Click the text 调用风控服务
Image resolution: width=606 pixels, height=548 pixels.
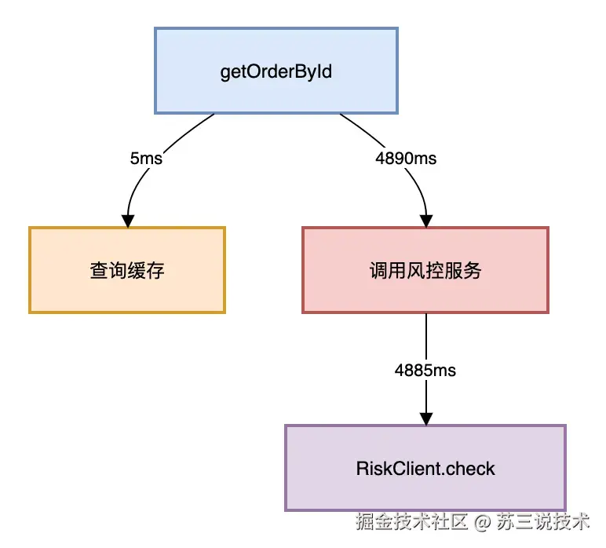tap(425, 271)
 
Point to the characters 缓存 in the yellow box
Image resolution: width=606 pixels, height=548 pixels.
tap(146, 270)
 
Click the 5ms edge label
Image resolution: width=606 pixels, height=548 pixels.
tap(146, 158)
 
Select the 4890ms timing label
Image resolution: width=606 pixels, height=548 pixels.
tap(406, 158)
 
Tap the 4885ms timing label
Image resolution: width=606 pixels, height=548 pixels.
tap(425, 369)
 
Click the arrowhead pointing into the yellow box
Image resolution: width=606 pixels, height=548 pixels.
tap(126, 221)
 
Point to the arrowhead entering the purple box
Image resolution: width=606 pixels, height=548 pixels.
tap(425, 418)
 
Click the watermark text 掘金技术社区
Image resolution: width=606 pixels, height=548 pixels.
tap(411, 521)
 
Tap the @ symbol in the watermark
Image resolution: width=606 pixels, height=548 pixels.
tap(483, 521)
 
